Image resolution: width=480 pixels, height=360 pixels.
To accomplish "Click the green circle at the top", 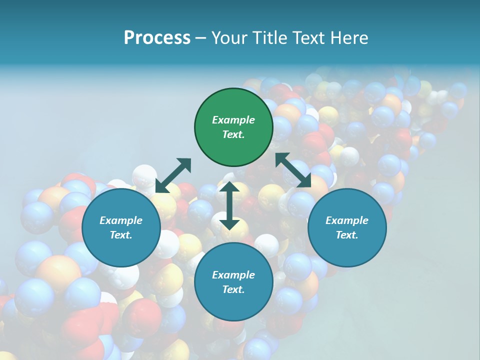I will [233, 127].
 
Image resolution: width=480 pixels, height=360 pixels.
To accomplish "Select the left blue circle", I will [121, 228].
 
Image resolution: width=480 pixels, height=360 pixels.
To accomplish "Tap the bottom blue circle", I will [233, 282].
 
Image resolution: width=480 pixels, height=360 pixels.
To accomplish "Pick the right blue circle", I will [347, 228].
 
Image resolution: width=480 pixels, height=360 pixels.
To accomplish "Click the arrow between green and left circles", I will [173, 175].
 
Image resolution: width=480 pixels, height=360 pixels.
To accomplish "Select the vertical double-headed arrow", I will [229, 206].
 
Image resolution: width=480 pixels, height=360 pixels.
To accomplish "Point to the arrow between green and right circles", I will [293, 170].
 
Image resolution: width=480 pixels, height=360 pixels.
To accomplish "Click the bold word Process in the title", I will [157, 38].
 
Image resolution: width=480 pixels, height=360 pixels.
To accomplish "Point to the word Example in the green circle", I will [233, 120].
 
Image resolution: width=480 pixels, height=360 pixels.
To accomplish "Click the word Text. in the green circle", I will [233, 134].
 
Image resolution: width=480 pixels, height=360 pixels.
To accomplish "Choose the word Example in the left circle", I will [121, 220].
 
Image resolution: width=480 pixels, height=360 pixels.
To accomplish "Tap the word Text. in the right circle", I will [347, 235].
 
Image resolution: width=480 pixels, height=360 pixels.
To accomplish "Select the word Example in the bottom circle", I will [233, 275].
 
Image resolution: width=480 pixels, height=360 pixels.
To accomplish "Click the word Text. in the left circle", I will [121, 235].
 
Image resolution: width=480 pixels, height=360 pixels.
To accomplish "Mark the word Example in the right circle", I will [347, 220].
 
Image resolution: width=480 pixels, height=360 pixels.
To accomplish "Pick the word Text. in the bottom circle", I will [233, 289].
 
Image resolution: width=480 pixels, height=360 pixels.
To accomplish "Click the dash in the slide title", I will [200, 38].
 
